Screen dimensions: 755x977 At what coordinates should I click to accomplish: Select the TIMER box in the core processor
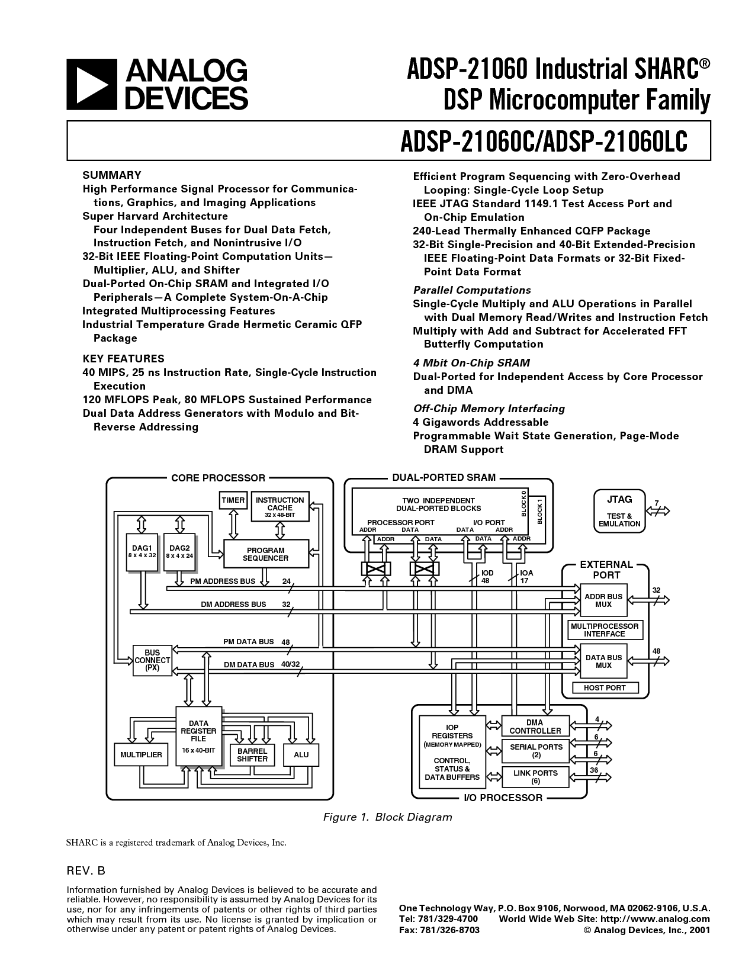(x=233, y=500)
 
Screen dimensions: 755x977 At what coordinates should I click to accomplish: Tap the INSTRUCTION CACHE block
(x=280, y=507)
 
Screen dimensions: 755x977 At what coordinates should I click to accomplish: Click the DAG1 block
(x=142, y=552)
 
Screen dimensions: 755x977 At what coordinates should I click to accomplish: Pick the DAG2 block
(x=179, y=552)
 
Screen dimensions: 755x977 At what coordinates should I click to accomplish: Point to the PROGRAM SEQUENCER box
(x=266, y=554)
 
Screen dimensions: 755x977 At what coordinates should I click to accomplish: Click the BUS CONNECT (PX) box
(x=152, y=661)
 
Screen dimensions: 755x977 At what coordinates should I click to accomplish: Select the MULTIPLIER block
(x=141, y=755)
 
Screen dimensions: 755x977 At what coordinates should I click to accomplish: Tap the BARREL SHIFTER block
(x=252, y=755)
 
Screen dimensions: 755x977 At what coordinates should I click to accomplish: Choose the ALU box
(x=301, y=755)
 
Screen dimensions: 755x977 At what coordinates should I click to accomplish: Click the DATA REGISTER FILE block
(x=198, y=736)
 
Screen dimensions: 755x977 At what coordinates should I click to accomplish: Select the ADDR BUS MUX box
(x=603, y=600)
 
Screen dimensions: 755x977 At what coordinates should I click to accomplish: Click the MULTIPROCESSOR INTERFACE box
(x=605, y=630)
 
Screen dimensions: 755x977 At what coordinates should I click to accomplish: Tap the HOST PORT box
(x=605, y=687)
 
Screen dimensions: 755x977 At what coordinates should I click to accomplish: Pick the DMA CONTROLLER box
(x=535, y=727)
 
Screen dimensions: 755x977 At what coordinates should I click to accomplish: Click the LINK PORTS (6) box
(x=535, y=777)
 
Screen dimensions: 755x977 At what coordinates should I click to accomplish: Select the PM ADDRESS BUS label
(x=223, y=581)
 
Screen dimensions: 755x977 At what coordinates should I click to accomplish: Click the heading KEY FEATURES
(x=124, y=359)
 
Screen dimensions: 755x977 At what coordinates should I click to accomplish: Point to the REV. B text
(x=86, y=871)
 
